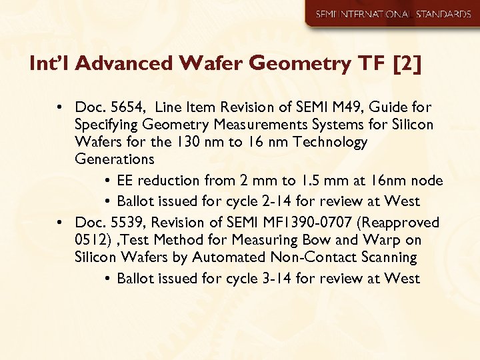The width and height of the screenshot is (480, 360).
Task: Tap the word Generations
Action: click(x=115, y=159)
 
